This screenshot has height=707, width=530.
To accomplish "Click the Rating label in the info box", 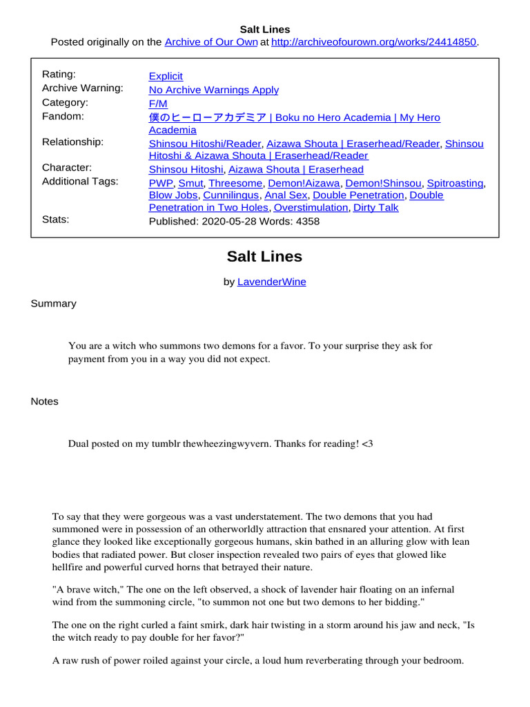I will (x=59, y=75).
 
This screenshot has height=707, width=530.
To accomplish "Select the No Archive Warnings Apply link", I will (x=214, y=90).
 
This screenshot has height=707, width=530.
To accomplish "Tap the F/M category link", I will (x=158, y=104).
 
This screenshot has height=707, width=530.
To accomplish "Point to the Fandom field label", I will (x=63, y=117).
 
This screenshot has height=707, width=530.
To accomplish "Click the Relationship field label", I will (x=72, y=142).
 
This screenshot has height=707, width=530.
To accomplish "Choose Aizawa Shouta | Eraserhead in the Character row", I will (x=296, y=169).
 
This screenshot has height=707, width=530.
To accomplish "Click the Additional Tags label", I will (x=80, y=182).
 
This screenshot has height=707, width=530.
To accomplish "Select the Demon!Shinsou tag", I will (x=383, y=183).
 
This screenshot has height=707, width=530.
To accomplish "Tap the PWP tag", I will (x=161, y=183).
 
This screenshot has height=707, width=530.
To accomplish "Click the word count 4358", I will (x=308, y=222).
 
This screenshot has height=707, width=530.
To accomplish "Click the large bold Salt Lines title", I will (x=264, y=257).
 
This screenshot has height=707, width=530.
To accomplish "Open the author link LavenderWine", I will (x=271, y=282).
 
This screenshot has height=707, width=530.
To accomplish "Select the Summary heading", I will (x=54, y=304).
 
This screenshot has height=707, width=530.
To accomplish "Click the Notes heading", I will (x=45, y=402).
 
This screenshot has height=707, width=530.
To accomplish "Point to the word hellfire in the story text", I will (x=69, y=568).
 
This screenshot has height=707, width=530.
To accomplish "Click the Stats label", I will (x=56, y=220).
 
